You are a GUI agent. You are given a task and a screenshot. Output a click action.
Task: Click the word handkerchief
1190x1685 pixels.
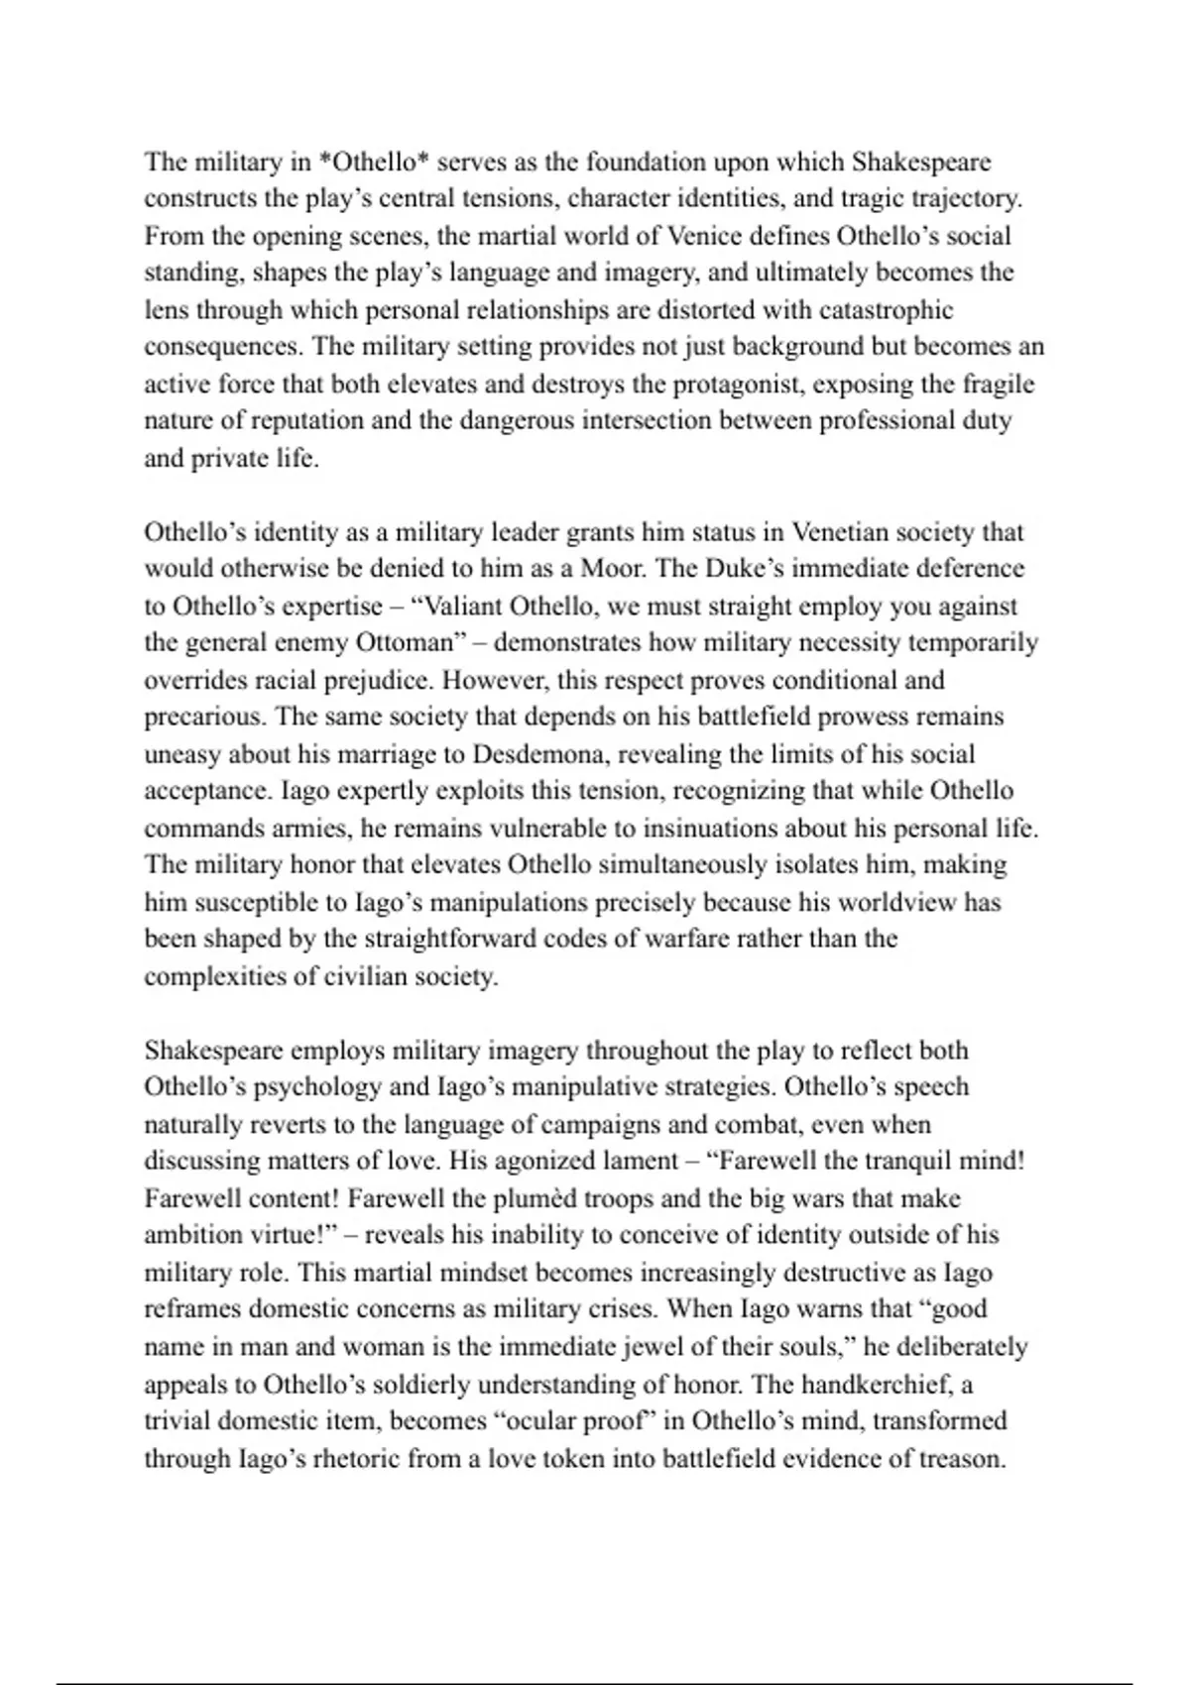coord(889,1384)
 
